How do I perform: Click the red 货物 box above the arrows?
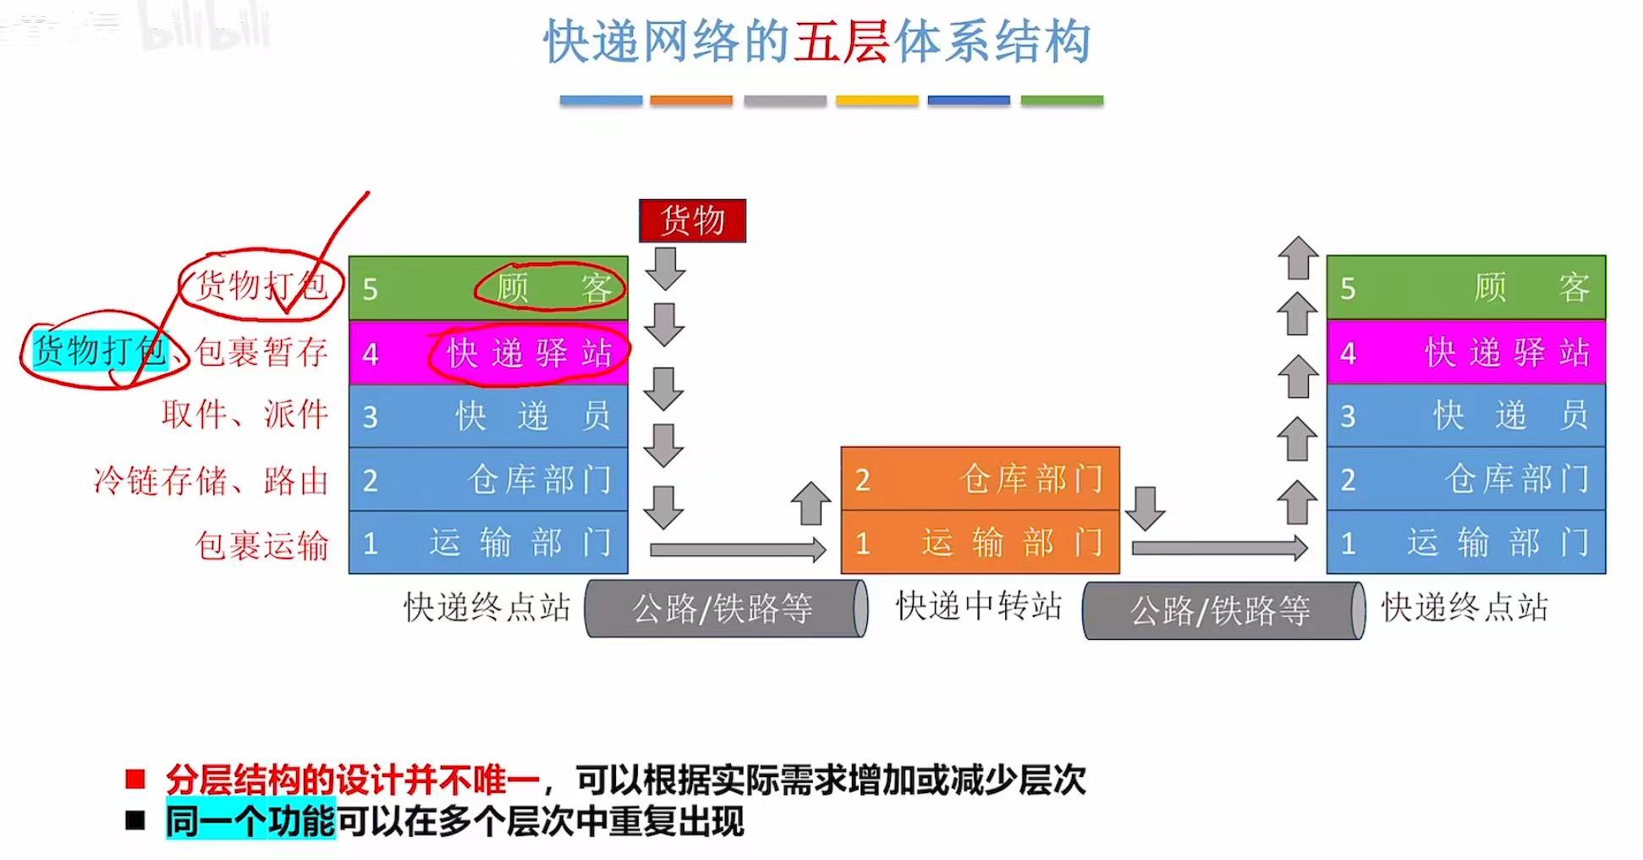692,221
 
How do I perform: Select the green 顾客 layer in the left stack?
488,288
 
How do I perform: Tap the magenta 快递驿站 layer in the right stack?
1465,352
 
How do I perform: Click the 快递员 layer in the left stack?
488,416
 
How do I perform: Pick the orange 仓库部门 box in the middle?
980,479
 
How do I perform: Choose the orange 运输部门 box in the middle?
980,543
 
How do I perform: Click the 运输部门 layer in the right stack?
1465,543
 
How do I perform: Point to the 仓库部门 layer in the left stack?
488,480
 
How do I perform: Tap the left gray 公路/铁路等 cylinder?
725,609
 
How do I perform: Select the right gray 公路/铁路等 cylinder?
1223,610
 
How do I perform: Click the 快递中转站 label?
978,606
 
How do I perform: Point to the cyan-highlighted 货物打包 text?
100,350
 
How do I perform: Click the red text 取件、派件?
245,415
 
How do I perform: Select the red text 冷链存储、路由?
211,481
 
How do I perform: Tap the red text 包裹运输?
261,545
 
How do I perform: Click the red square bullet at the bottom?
135,779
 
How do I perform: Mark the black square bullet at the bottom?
135,820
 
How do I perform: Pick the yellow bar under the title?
876,101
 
